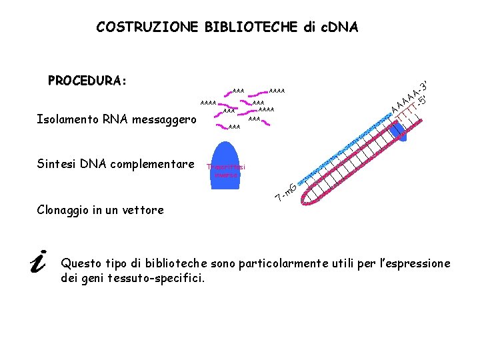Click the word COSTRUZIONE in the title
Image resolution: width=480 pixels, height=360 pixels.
coord(147,27)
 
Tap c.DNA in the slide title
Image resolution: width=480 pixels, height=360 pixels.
coord(337,27)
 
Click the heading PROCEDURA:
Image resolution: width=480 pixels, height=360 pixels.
coord(87,81)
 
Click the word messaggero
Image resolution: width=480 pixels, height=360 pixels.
coord(164,121)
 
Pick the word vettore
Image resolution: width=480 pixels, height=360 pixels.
coord(143,210)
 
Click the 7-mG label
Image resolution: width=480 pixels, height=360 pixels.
coord(287,192)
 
